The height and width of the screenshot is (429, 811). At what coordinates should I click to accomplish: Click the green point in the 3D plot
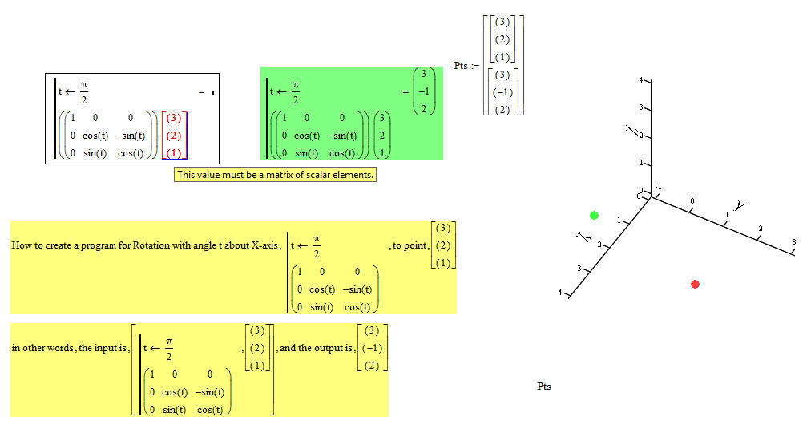click(594, 215)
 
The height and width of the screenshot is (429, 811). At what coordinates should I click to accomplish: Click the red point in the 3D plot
click(695, 284)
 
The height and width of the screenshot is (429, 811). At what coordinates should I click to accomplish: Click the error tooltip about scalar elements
click(275, 174)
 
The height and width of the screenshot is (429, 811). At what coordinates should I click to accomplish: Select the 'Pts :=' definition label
click(466, 66)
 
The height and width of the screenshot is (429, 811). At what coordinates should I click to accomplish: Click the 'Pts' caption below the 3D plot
click(544, 387)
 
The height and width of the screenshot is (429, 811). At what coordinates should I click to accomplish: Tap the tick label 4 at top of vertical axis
click(640, 80)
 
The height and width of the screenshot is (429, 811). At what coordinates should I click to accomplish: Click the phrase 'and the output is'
click(316, 349)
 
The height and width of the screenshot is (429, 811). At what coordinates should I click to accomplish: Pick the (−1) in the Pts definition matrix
click(502, 92)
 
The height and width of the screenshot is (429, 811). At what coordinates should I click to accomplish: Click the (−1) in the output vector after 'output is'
click(372, 349)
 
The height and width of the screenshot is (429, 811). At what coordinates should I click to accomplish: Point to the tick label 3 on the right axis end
click(793, 241)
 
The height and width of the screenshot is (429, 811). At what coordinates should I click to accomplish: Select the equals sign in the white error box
click(202, 92)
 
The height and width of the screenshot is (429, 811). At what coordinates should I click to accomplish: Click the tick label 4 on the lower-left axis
click(561, 293)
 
